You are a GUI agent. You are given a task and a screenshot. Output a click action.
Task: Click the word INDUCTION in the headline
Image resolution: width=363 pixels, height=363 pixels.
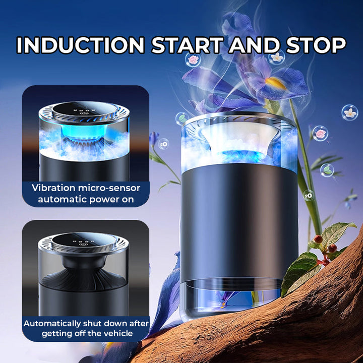tap(81, 45)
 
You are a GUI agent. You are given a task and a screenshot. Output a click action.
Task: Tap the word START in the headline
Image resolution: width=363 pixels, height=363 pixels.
tap(188, 45)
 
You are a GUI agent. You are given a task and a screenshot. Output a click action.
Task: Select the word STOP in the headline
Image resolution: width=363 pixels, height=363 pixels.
tap(316, 45)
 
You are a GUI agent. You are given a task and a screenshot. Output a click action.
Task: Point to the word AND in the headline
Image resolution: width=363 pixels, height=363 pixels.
tap(255, 45)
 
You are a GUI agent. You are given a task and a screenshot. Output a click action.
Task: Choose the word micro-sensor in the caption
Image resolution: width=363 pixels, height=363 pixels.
tap(109, 188)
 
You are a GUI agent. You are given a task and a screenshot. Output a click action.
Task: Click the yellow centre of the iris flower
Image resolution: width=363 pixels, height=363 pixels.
tap(275, 83)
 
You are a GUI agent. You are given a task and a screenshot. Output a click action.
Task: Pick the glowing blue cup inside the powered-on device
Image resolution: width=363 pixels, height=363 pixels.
tap(84, 133)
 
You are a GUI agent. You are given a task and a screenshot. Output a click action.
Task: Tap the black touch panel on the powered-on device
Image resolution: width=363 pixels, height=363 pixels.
tap(85, 110)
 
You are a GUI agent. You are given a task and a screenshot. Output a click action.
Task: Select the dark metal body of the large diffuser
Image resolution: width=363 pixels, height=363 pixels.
tap(239, 222)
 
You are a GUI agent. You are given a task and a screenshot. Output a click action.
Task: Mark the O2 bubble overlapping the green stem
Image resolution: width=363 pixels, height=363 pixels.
tap(309, 196)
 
